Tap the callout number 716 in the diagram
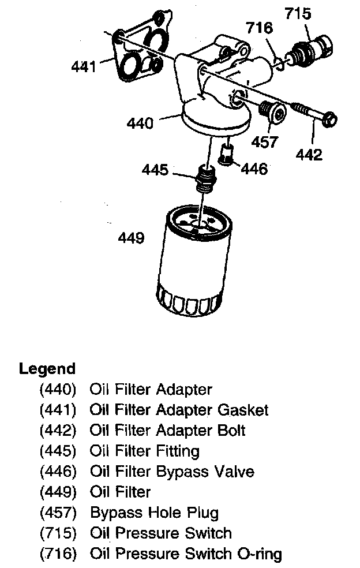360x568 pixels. (260, 28)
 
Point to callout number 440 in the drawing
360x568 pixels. (141, 123)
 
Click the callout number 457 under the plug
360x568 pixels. (265, 142)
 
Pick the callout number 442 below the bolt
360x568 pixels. (309, 155)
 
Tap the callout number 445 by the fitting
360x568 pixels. (156, 170)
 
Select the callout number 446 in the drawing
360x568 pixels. (254, 169)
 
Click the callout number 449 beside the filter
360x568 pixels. (131, 237)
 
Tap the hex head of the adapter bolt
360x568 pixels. (329, 121)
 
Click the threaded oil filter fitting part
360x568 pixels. (205, 178)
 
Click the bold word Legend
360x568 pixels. (47, 369)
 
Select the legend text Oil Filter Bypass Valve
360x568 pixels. (172, 472)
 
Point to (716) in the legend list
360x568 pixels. (58, 555)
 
